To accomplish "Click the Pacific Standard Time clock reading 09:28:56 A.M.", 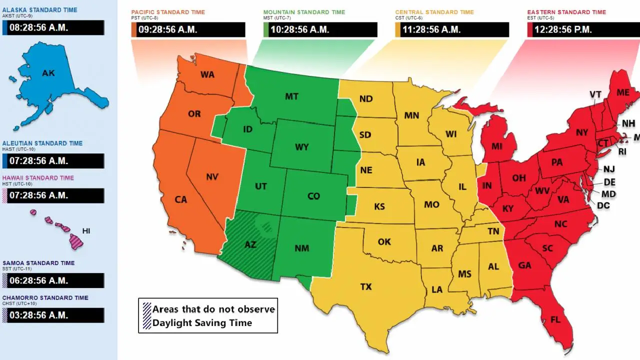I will coord(188,29).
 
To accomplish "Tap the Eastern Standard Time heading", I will coord(566,12).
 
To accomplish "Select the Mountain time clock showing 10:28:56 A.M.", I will coord(320,29).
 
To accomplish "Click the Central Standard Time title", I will coord(434,12).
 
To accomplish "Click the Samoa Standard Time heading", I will coord(38,263).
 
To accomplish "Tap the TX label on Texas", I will coord(366,286).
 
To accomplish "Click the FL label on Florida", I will coord(555,319).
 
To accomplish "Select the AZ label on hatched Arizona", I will coord(250,244).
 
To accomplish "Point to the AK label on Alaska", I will coord(48,73).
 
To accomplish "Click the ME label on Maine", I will coord(622,92).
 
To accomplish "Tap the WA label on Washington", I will coord(207,74).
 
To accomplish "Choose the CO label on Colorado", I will coord(313,196).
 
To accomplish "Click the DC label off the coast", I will coord(603,205).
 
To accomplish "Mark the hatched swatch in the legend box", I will coord(146,315).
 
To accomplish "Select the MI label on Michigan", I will coord(496,146).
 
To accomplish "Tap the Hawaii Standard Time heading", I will coord(38,178).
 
